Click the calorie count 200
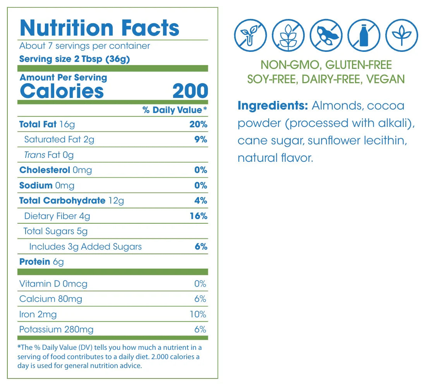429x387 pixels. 190,91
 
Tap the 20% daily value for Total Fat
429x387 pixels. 199,124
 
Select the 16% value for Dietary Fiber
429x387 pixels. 199,216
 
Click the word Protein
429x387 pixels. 35,262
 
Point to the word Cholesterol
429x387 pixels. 45,170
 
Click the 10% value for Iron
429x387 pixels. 198,314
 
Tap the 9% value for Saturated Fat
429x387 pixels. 201,139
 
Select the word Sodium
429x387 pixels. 36,185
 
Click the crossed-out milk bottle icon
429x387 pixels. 364,35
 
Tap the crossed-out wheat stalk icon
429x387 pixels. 288,35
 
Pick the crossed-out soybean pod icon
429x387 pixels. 326,35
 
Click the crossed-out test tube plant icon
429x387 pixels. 251,35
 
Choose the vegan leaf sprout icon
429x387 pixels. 402,35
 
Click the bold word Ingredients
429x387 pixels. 273,105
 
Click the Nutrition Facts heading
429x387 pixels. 100,28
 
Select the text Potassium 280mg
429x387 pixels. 57,329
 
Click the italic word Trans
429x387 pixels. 34,155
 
